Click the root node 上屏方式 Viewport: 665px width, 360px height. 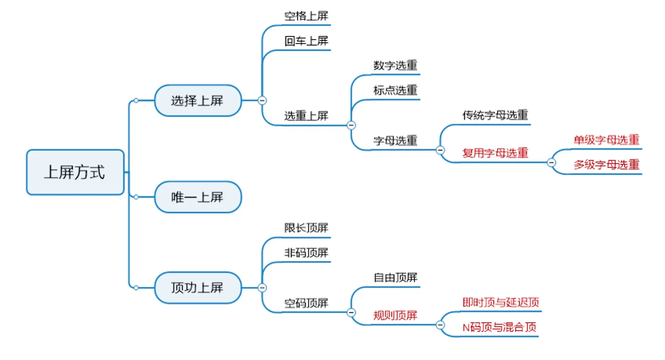click(75, 172)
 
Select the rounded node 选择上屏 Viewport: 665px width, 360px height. click(197, 101)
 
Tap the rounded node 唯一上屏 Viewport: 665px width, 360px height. click(197, 197)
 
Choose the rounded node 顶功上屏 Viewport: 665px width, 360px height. click(197, 287)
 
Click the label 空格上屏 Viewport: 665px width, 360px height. click(306, 16)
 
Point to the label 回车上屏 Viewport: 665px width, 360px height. click(306, 41)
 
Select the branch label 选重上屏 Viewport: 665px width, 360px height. click(306, 116)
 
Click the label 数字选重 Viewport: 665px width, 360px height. click(395, 65)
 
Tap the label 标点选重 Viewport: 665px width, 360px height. click(395, 91)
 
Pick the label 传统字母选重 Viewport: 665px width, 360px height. click(495, 115)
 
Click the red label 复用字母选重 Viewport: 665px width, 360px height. click(495, 153)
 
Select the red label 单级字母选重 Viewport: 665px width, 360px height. click(606, 140)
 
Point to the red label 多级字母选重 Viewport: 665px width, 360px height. click(606, 165)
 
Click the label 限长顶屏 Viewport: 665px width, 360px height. click(306, 228)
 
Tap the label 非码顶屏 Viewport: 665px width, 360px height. click(306, 253)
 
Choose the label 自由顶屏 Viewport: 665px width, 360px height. click(395, 278)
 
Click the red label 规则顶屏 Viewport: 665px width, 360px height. click(395, 315)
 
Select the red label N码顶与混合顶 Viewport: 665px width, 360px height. click(499, 327)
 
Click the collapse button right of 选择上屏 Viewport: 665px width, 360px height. click(262, 100)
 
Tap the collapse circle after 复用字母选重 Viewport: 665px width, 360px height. click(551, 162)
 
